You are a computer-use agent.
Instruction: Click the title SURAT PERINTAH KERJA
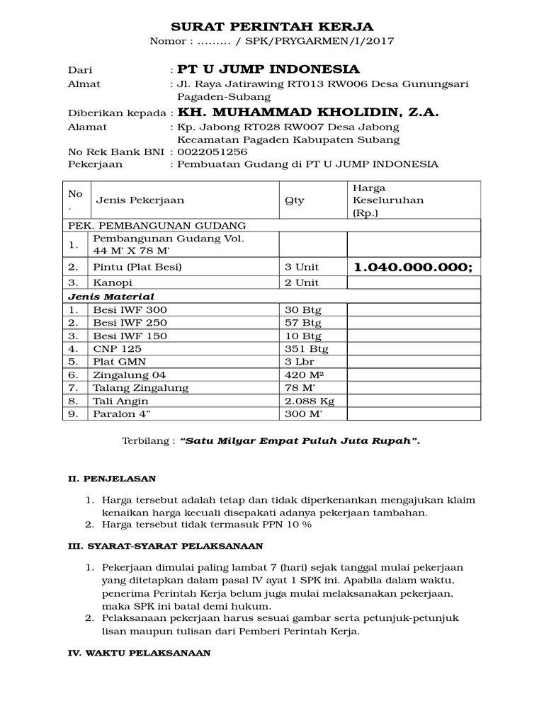point(271,26)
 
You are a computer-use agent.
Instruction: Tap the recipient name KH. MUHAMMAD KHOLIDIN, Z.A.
point(308,112)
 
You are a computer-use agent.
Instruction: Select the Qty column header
point(294,200)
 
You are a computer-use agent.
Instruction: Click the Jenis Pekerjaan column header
point(136,200)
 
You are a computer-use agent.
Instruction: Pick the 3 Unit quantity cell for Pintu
point(302,267)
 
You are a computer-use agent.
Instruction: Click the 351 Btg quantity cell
point(306,349)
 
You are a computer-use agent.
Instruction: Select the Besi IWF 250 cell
point(130,323)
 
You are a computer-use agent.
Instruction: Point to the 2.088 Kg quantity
point(309,401)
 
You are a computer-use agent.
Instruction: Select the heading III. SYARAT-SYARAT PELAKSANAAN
point(165,547)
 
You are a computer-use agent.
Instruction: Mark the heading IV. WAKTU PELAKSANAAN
point(139,653)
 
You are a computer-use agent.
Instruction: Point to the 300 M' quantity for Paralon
point(304,414)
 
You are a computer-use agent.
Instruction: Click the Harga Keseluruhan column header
point(387,200)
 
